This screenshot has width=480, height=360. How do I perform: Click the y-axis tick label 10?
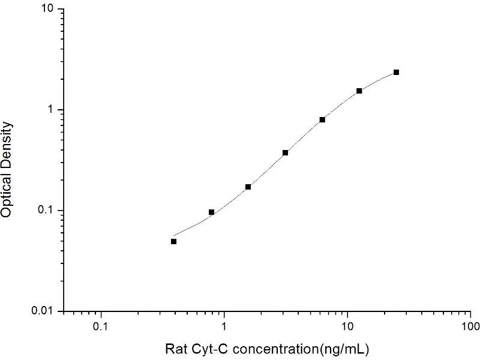47,10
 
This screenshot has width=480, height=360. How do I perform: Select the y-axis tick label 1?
52,110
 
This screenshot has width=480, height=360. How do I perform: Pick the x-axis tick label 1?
224,328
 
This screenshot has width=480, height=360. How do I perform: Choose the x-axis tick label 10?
347,328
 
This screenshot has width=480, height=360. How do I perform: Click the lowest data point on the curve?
173,241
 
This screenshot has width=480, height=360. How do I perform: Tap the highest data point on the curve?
396,72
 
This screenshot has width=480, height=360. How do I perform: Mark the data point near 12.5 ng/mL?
359,91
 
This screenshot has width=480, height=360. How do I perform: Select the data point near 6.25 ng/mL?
322,119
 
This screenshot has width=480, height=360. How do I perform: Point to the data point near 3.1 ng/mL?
285,152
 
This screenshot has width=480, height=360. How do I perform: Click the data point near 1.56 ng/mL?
248,187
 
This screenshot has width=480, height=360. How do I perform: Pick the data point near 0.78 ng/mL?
211,212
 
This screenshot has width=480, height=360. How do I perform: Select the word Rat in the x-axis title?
175,349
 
